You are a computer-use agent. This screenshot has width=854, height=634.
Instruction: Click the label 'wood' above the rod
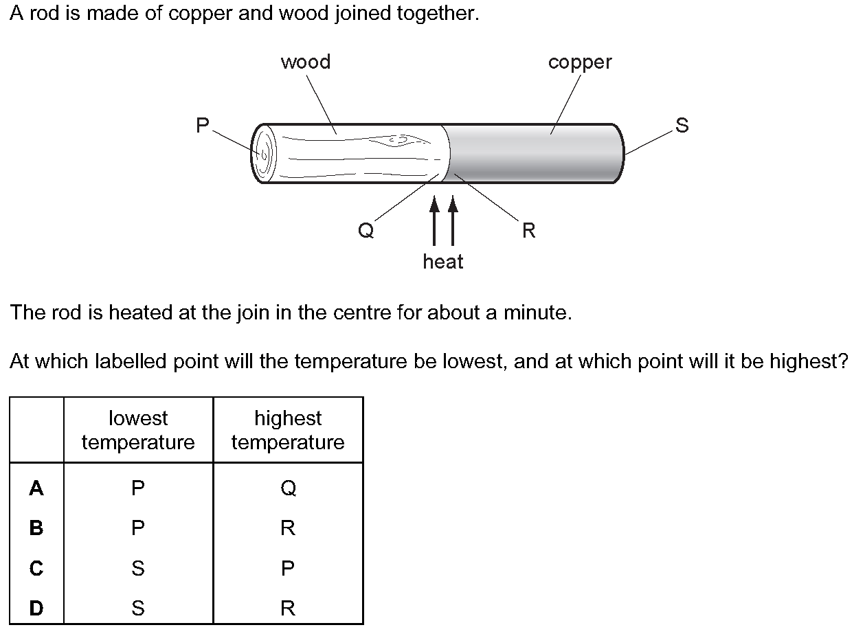[305, 62]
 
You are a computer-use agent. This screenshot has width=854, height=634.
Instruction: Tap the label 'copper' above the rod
[579, 62]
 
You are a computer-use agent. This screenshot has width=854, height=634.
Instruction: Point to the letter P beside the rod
[202, 125]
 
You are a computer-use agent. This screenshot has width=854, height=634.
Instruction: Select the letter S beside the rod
[681, 125]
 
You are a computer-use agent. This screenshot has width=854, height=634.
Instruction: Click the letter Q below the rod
[366, 231]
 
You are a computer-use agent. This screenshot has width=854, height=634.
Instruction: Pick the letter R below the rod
[528, 231]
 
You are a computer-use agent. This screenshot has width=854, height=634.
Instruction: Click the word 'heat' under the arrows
[443, 262]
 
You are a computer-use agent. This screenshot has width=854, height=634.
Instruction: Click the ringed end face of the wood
[263, 153]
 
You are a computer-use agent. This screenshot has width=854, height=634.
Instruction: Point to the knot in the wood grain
[397, 140]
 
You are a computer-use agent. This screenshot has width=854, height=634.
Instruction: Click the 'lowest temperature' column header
[138, 430]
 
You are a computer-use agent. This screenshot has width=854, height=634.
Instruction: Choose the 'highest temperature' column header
[288, 430]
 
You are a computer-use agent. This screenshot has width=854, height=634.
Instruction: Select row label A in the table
[36, 488]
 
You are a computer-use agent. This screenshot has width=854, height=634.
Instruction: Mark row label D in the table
[36, 608]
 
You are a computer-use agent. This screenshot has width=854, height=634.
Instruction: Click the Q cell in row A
[288, 488]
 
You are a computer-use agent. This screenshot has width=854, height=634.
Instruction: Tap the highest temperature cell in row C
[288, 568]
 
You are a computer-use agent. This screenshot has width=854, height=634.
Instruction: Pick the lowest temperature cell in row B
[138, 528]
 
